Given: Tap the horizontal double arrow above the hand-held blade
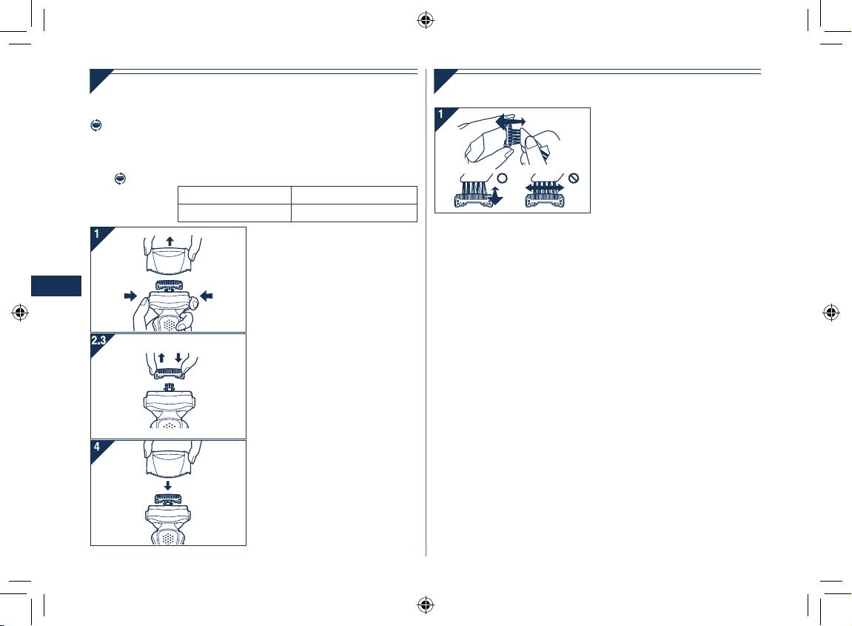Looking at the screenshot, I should [510, 121].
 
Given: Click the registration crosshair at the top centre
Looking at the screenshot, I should [425, 20].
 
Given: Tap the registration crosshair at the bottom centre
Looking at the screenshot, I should [425, 605].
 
